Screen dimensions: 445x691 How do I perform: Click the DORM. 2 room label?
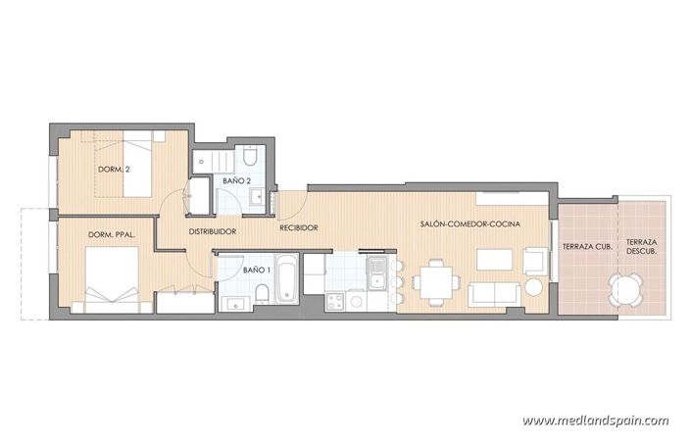point(114,170)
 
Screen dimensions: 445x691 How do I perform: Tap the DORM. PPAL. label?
point(110,235)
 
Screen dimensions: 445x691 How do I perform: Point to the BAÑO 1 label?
point(257,269)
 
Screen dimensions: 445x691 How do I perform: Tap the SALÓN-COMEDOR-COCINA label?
point(469,224)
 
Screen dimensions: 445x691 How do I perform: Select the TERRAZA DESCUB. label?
point(642,246)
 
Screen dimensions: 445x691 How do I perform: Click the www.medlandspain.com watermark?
point(595,421)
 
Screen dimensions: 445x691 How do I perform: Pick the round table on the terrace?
point(624,288)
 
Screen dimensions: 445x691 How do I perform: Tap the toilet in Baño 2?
point(250,159)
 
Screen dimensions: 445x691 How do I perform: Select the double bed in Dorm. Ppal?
point(109,279)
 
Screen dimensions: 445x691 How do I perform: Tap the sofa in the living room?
point(494,292)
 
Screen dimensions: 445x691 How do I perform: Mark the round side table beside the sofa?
point(534,287)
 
